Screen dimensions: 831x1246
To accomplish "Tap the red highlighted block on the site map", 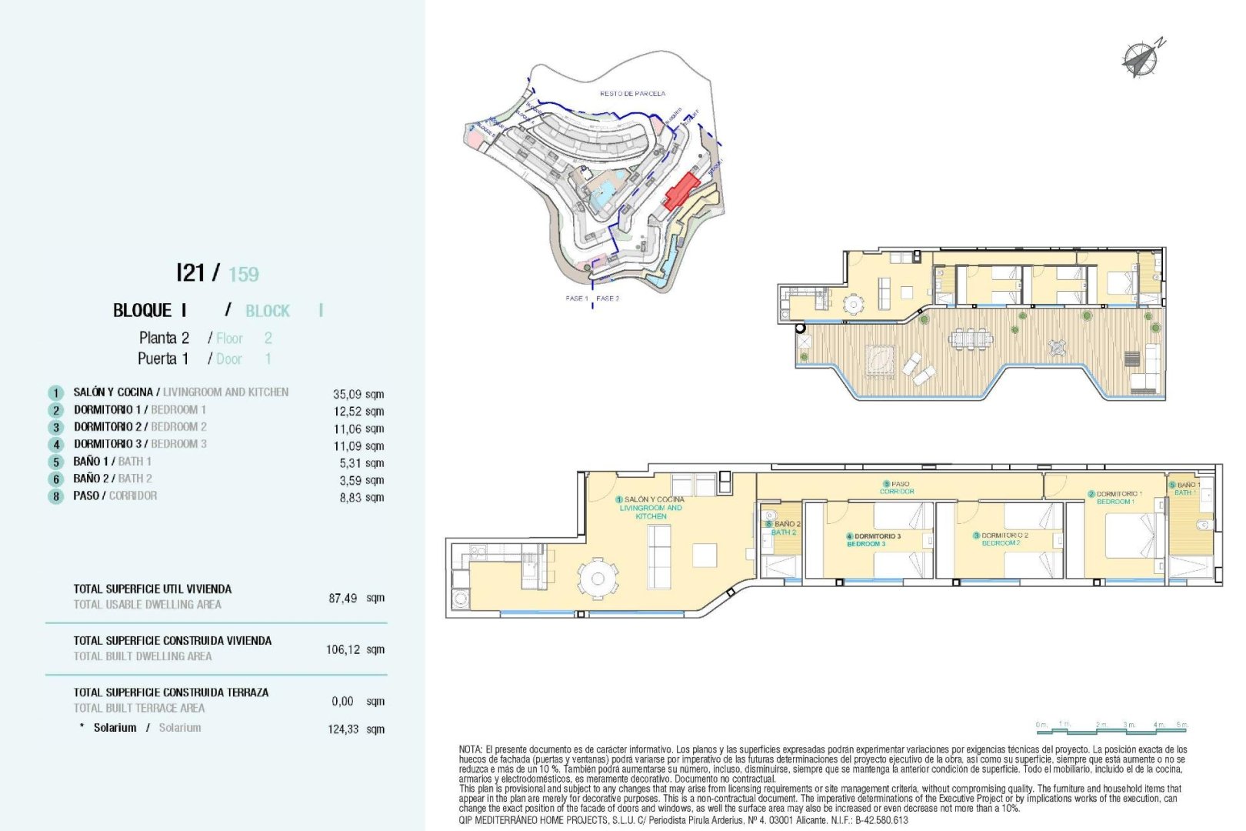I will (x=681, y=191).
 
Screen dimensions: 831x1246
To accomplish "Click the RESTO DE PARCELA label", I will (x=632, y=94).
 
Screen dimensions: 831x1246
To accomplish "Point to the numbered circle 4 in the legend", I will (x=55, y=445).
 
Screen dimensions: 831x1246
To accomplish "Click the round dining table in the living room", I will (x=597, y=577).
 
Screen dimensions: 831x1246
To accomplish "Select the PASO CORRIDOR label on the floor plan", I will (x=897, y=488).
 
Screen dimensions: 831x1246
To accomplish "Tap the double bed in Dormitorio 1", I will (x=1130, y=536).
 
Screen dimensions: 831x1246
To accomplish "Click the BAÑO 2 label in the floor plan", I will (x=784, y=528).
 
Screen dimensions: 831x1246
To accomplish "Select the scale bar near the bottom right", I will (x=1111, y=726).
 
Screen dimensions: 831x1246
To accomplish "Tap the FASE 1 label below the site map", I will (x=577, y=299).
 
